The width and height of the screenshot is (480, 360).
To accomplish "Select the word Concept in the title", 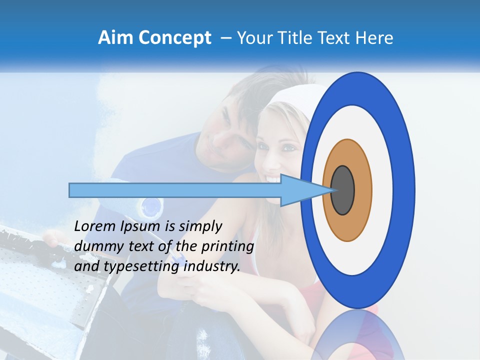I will tap(174, 38).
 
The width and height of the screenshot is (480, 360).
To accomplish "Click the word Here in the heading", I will tap(375, 38).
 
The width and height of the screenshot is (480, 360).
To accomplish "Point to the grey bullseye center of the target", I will tap(342, 190).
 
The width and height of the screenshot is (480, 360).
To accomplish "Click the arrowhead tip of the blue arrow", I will tap(330, 190).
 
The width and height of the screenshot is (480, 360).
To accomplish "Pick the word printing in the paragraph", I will tap(227, 246).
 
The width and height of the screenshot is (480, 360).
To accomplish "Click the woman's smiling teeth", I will tap(274, 177).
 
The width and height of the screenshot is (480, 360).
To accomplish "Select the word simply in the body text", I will tap(200, 227).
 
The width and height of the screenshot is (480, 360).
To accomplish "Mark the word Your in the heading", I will tap(253, 38).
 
